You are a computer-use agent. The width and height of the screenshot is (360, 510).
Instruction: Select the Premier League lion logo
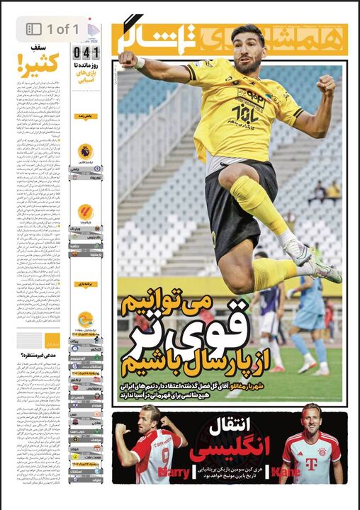(x=85, y=151)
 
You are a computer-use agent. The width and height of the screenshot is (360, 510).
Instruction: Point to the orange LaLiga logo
(x=85, y=212)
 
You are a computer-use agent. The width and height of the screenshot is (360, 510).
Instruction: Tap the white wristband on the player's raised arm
(x=140, y=62)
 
